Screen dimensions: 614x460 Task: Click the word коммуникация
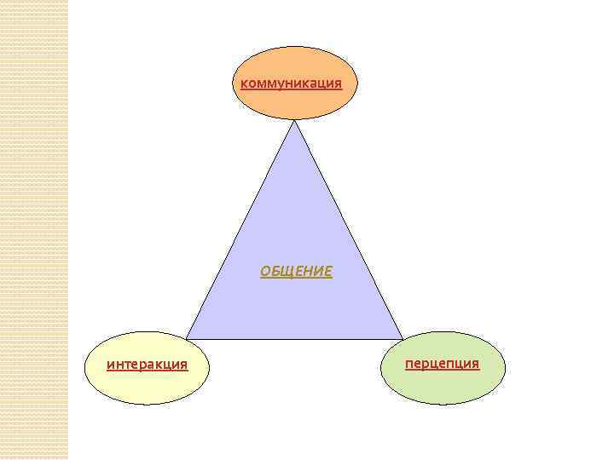292,83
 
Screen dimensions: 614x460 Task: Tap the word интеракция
147,365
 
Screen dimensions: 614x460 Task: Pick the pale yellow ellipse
147,388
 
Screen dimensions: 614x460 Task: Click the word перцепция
442,364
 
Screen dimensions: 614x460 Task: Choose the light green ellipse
442,388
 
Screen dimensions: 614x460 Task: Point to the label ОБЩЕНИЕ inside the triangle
296,272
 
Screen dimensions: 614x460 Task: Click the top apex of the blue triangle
294,122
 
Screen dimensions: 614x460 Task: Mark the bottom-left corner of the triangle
188,338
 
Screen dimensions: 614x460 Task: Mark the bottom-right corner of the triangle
402,338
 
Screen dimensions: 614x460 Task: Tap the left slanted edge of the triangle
241,230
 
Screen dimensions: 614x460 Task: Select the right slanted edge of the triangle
348,230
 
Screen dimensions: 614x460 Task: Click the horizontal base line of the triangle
294,339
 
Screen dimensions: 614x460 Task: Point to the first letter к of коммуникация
245,83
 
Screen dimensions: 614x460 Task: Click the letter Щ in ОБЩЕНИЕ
282,272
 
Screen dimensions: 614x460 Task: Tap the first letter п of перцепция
409,364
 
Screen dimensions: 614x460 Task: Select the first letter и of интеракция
110,365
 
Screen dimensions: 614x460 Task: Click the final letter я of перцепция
475,364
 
